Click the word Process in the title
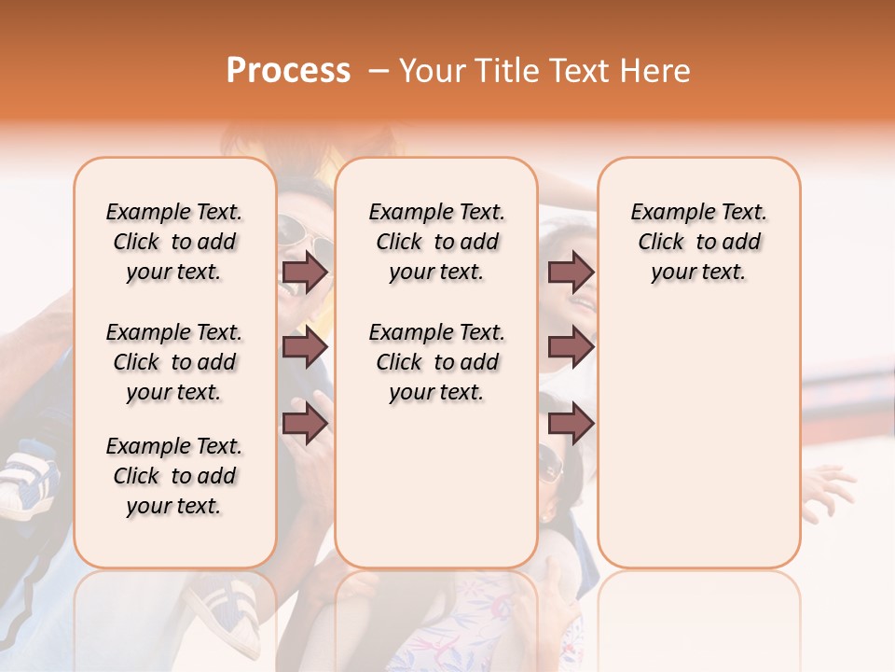point(288,71)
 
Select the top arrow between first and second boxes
point(305,273)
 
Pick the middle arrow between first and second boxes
point(305,347)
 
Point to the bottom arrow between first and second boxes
point(305,424)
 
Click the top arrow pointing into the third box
point(570,273)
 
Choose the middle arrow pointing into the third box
point(570,347)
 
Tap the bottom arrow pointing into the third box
point(570,424)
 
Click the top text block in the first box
point(174,242)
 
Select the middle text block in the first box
point(174,362)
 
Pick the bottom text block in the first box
point(174,476)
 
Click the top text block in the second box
point(436,242)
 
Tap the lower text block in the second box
point(436,362)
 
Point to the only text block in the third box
point(698,242)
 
